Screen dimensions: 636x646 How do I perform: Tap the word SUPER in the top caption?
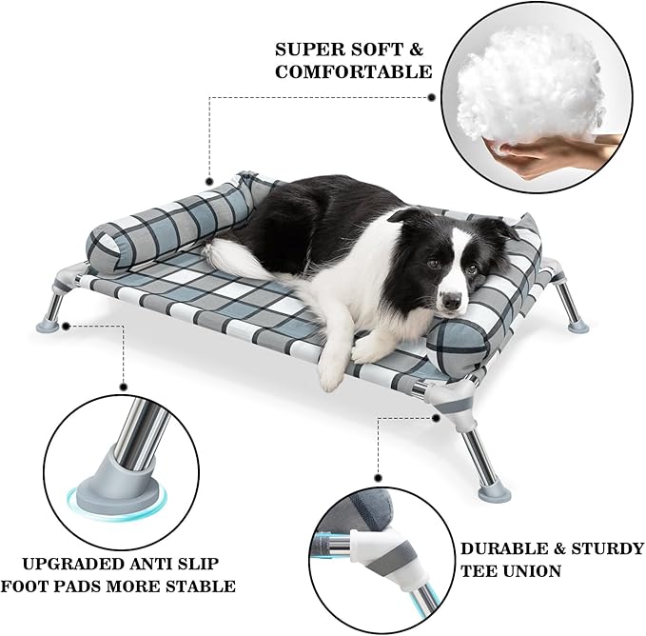[303, 48]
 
